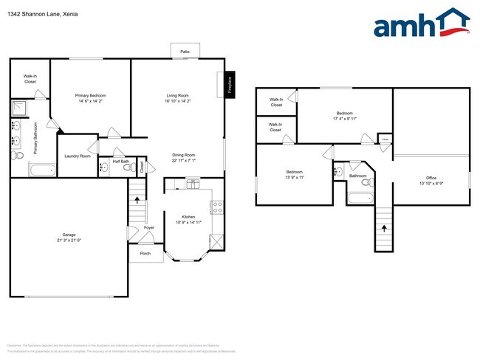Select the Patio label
click(x=185, y=52)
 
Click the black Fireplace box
click(x=230, y=84)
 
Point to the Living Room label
click(x=178, y=96)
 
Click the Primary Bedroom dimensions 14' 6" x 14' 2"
click(x=91, y=102)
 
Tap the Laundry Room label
click(x=77, y=156)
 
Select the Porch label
click(x=145, y=254)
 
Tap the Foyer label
click(x=148, y=227)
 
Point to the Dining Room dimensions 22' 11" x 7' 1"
click(x=178, y=160)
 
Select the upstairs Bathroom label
click(x=357, y=176)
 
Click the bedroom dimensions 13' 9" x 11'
click(x=294, y=178)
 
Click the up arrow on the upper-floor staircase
click(x=383, y=227)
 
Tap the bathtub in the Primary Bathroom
click(x=40, y=170)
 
